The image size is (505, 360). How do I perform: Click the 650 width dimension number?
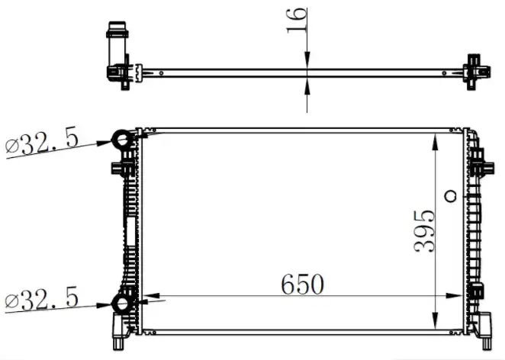point(302,284)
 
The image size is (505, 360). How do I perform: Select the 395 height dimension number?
point(424,230)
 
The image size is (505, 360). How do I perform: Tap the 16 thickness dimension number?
point(297,20)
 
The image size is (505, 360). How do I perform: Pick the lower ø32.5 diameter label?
point(42,298)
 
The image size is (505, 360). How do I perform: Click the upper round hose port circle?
point(123,140)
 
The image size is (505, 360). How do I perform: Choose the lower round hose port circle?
point(123,304)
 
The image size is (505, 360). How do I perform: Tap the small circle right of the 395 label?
point(450,195)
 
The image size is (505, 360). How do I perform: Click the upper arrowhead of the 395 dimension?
point(435,143)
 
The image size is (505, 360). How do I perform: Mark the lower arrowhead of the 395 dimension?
point(435,320)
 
